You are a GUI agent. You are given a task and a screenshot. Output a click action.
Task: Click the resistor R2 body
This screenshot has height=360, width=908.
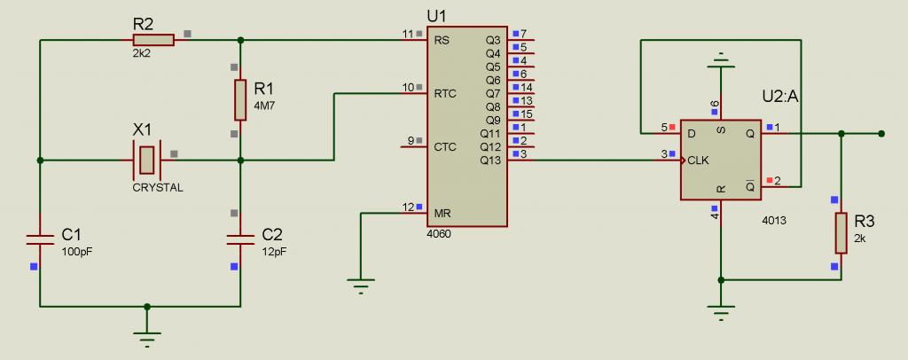point(153,40)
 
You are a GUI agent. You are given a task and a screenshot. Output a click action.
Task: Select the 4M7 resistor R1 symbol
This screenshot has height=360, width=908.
point(240,99)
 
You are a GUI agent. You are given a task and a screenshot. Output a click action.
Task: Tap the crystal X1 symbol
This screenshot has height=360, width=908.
point(147,160)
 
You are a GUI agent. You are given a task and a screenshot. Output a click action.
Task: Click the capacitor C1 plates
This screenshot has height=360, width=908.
point(40,238)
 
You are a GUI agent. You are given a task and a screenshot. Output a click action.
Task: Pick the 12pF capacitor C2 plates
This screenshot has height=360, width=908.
point(240,238)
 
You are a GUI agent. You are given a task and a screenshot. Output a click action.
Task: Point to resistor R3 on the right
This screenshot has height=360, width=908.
point(840,232)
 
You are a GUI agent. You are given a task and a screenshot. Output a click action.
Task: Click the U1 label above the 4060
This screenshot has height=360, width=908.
point(437,16)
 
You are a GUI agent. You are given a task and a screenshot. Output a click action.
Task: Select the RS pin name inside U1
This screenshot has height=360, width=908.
point(441,40)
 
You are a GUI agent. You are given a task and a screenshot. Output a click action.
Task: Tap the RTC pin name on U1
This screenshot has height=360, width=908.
point(445,93)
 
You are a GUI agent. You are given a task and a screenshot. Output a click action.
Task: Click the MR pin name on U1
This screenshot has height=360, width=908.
point(442,214)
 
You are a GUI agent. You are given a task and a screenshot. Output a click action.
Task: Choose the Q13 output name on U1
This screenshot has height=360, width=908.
point(490,160)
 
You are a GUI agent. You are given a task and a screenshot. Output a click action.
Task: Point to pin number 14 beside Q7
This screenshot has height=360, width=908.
point(526,88)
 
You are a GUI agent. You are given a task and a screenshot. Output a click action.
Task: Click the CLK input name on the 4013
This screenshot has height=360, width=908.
point(699,160)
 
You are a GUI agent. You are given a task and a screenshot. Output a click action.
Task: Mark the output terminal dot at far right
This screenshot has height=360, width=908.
point(881,134)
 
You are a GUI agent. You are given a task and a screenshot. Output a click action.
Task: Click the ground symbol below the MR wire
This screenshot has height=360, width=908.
point(360,285)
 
